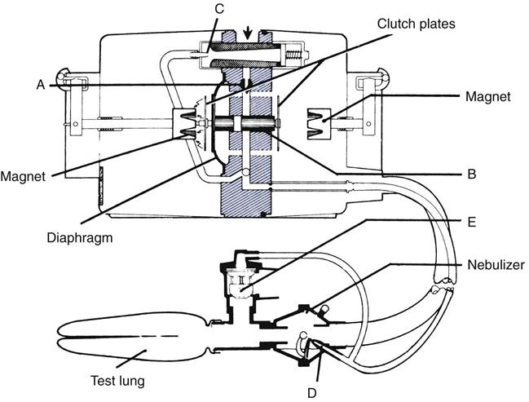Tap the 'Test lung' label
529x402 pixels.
(x=118, y=379)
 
